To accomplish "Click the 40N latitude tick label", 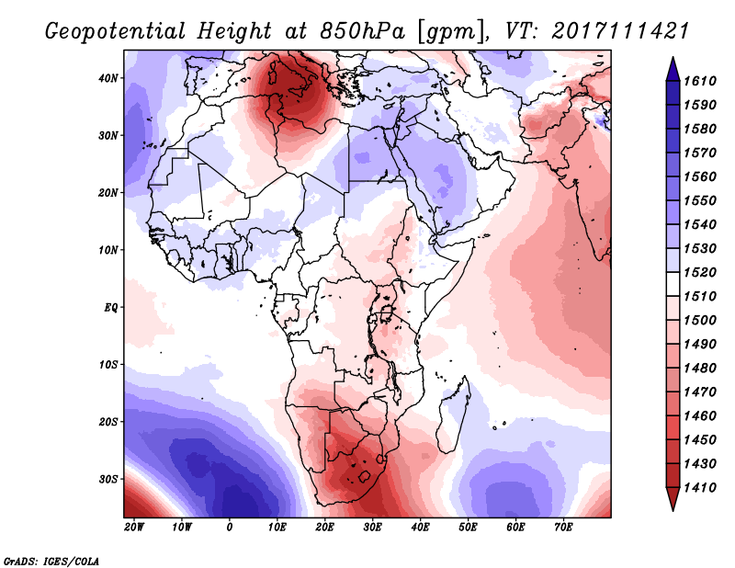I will click(108, 78).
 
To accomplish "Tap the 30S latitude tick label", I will click(108, 479).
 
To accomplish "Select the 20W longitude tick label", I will click(134, 527).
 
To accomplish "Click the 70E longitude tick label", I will click(564, 527).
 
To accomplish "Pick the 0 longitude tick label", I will click(230, 527).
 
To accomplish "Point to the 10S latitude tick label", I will click(108, 365).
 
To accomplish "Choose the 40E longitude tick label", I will click(421, 527).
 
